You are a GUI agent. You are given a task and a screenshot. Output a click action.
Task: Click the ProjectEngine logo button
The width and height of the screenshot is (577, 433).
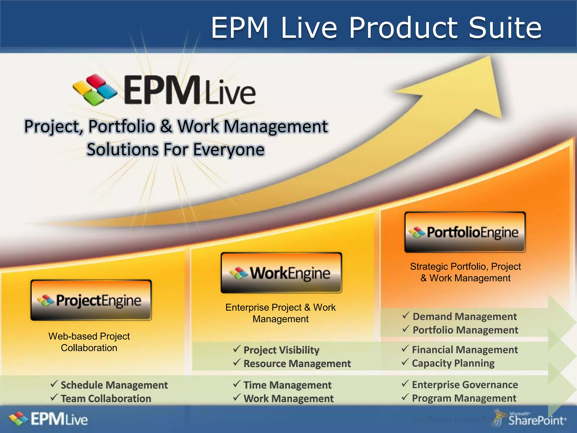[x=91, y=300]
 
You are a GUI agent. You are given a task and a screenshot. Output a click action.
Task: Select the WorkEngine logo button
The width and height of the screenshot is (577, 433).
[x=281, y=273]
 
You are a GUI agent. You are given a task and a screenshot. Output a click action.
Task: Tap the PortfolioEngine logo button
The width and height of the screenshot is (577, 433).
[x=465, y=232]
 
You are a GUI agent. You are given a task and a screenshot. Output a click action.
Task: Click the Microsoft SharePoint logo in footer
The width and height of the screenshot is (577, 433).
[x=530, y=419]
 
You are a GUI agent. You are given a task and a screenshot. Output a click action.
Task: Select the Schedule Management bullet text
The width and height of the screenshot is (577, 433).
[x=114, y=385]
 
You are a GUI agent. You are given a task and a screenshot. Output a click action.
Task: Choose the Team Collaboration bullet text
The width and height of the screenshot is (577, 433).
[x=106, y=399]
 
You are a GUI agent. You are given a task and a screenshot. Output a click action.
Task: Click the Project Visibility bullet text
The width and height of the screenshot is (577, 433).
[x=281, y=350]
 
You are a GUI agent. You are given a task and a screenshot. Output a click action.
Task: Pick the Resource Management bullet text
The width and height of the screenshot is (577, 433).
[x=297, y=364]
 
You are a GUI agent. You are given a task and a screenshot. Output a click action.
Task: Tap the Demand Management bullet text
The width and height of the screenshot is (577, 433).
[x=465, y=317]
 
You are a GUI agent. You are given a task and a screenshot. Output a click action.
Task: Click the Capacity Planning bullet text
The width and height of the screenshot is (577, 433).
[x=453, y=363]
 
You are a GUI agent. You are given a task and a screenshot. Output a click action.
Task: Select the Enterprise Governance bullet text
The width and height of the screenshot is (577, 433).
[x=465, y=385]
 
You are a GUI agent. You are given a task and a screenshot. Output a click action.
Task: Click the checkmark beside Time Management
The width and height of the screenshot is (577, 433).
[x=237, y=384]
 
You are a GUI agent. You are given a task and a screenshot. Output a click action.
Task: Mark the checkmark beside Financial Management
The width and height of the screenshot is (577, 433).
[x=405, y=349]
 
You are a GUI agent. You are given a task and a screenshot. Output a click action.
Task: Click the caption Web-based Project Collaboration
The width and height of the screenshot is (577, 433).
[x=89, y=342]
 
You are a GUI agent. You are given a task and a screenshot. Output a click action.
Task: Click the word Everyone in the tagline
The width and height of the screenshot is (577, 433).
[x=228, y=149]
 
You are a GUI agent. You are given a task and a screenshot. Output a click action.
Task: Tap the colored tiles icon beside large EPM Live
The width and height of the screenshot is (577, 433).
[x=95, y=90]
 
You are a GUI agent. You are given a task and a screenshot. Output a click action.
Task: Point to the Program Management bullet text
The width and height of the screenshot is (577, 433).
[x=464, y=398]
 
